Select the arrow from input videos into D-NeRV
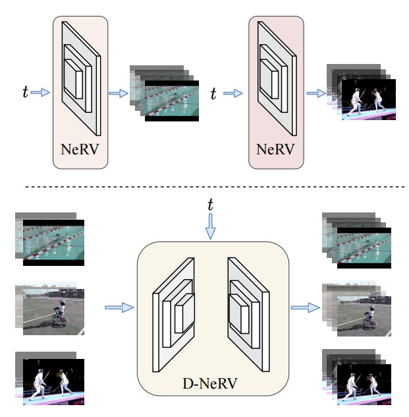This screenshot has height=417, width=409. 118,307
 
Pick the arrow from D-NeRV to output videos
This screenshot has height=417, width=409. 304,307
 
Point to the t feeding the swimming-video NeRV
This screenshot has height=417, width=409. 25,92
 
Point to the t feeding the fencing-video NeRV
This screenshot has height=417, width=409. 213,93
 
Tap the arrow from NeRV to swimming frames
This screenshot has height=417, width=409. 118,93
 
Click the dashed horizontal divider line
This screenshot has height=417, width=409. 204,187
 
